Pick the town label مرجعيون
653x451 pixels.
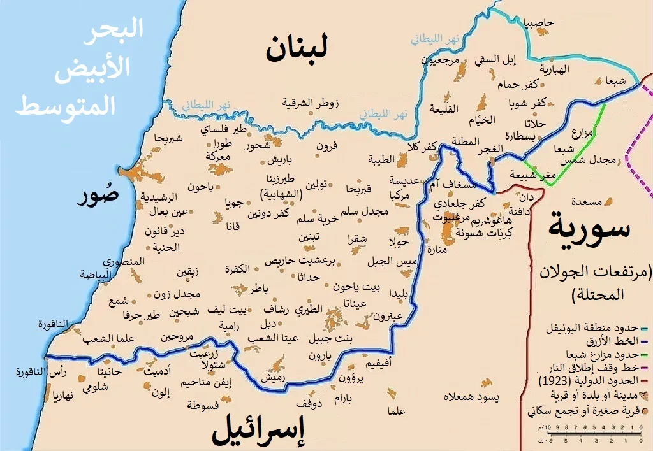point(439,60)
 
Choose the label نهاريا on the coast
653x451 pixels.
point(60,394)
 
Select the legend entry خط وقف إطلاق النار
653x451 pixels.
point(589,368)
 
